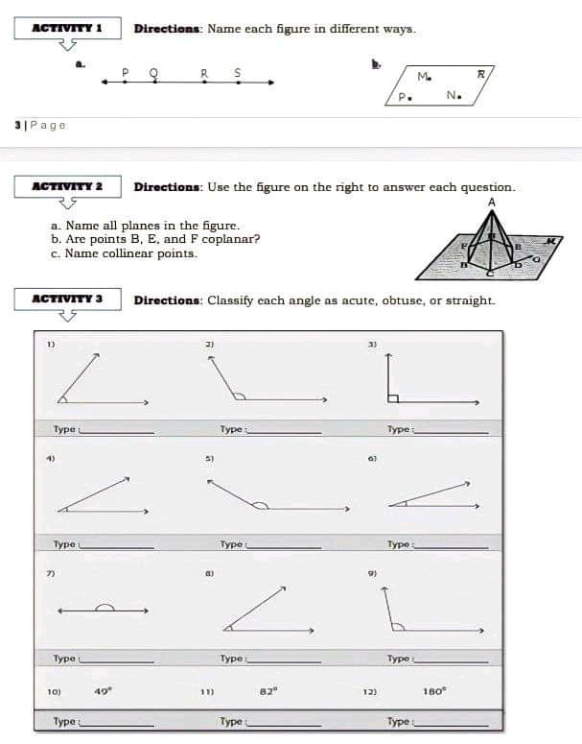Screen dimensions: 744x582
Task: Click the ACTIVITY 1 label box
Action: (x=67, y=28)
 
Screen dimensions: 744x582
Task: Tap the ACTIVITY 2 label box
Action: (x=67, y=186)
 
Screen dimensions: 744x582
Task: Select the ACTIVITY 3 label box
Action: (x=67, y=300)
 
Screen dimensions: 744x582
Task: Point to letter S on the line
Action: (x=238, y=71)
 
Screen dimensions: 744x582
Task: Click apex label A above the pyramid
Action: (x=491, y=203)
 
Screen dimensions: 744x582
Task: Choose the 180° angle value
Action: (x=433, y=690)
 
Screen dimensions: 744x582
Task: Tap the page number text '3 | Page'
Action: (x=40, y=126)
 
